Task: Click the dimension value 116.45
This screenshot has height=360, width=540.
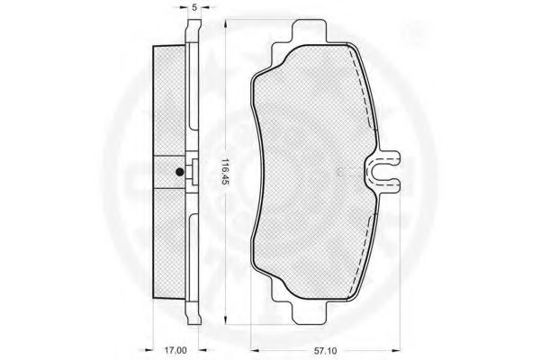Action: click(x=225, y=173)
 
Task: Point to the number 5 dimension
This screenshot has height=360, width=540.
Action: click(x=194, y=7)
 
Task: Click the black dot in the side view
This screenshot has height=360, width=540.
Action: click(x=179, y=172)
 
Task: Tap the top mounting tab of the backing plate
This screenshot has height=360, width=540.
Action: click(x=310, y=31)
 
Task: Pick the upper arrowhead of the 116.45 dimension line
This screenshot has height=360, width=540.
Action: click(x=225, y=23)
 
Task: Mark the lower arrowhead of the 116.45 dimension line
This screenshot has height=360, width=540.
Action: click(x=225, y=320)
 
